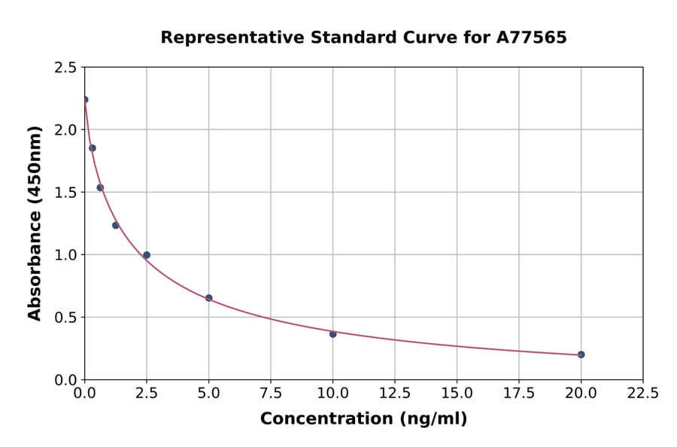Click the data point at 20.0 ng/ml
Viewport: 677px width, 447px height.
tap(581, 354)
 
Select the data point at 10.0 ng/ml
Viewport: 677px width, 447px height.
tap(332, 334)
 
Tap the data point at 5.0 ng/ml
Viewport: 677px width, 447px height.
tap(208, 298)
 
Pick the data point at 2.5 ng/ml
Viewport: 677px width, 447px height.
tap(147, 255)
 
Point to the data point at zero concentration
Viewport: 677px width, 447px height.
tap(85, 99)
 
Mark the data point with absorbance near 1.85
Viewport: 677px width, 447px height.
tap(93, 148)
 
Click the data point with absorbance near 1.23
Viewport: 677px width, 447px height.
tap(116, 225)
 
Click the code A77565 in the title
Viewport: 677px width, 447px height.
tap(531, 38)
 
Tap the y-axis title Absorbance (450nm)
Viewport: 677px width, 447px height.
tap(35, 223)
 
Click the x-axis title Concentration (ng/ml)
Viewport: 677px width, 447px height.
tap(363, 419)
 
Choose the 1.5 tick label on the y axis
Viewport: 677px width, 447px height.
tap(65, 193)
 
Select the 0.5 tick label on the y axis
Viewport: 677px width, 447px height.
tap(65, 318)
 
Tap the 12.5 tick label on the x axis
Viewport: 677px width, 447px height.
tap(395, 393)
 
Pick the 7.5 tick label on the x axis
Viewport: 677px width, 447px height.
tap(271, 393)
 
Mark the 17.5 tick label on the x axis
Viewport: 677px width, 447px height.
tap(518, 393)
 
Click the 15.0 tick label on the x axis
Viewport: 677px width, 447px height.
tap(457, 393)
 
